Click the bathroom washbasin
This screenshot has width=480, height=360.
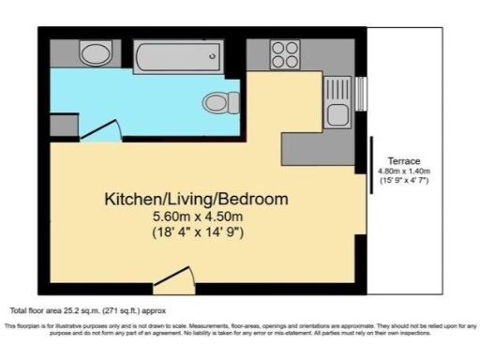(93, 52)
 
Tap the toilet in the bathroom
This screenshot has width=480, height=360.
(216, 100)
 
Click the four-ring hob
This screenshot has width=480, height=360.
(284, 53)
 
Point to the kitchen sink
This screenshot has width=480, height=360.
(337, 116)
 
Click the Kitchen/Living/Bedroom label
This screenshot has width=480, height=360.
(195, 200)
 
